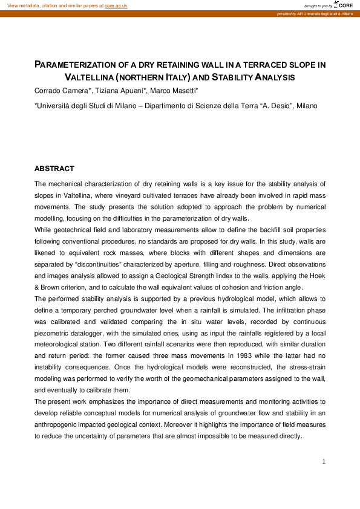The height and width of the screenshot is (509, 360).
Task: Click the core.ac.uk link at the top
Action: pyautogui.click(x=116, y=5)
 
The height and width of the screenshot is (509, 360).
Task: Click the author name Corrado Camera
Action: pyautogui.click(x=58, y=91)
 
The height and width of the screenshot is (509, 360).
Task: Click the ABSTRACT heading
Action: pyautogui.click(x=54, y=169)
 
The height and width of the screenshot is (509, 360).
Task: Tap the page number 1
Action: pyautogui.click(x=324, y=462)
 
